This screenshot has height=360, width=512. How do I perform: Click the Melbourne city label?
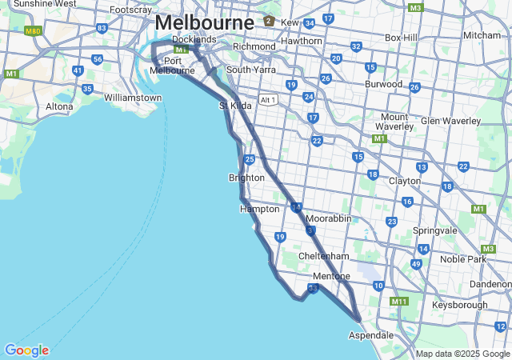[205, 22]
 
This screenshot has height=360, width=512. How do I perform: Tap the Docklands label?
[194, 39]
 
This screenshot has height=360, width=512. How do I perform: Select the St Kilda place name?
[235, 106]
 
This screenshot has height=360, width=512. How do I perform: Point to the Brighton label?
[246, 178]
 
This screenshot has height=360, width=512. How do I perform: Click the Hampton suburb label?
[260, 209]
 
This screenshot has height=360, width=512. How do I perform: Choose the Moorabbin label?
[329, 218]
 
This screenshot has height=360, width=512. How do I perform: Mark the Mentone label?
[331, 276]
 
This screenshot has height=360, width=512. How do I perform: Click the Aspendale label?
[370, 335]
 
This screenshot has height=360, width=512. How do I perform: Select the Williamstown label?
[133, 98]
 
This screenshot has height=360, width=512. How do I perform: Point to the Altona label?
[59, 106]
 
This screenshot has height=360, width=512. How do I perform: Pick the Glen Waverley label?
[451, 121]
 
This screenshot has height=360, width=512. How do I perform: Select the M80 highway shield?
[33, 31]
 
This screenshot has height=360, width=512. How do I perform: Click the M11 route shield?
[398, 302]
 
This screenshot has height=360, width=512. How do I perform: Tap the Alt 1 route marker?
[268, 100]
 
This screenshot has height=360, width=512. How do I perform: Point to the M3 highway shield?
[415, 8]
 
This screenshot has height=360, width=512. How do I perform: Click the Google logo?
[26, 350]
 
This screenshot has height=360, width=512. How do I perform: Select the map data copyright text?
[462, 354]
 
